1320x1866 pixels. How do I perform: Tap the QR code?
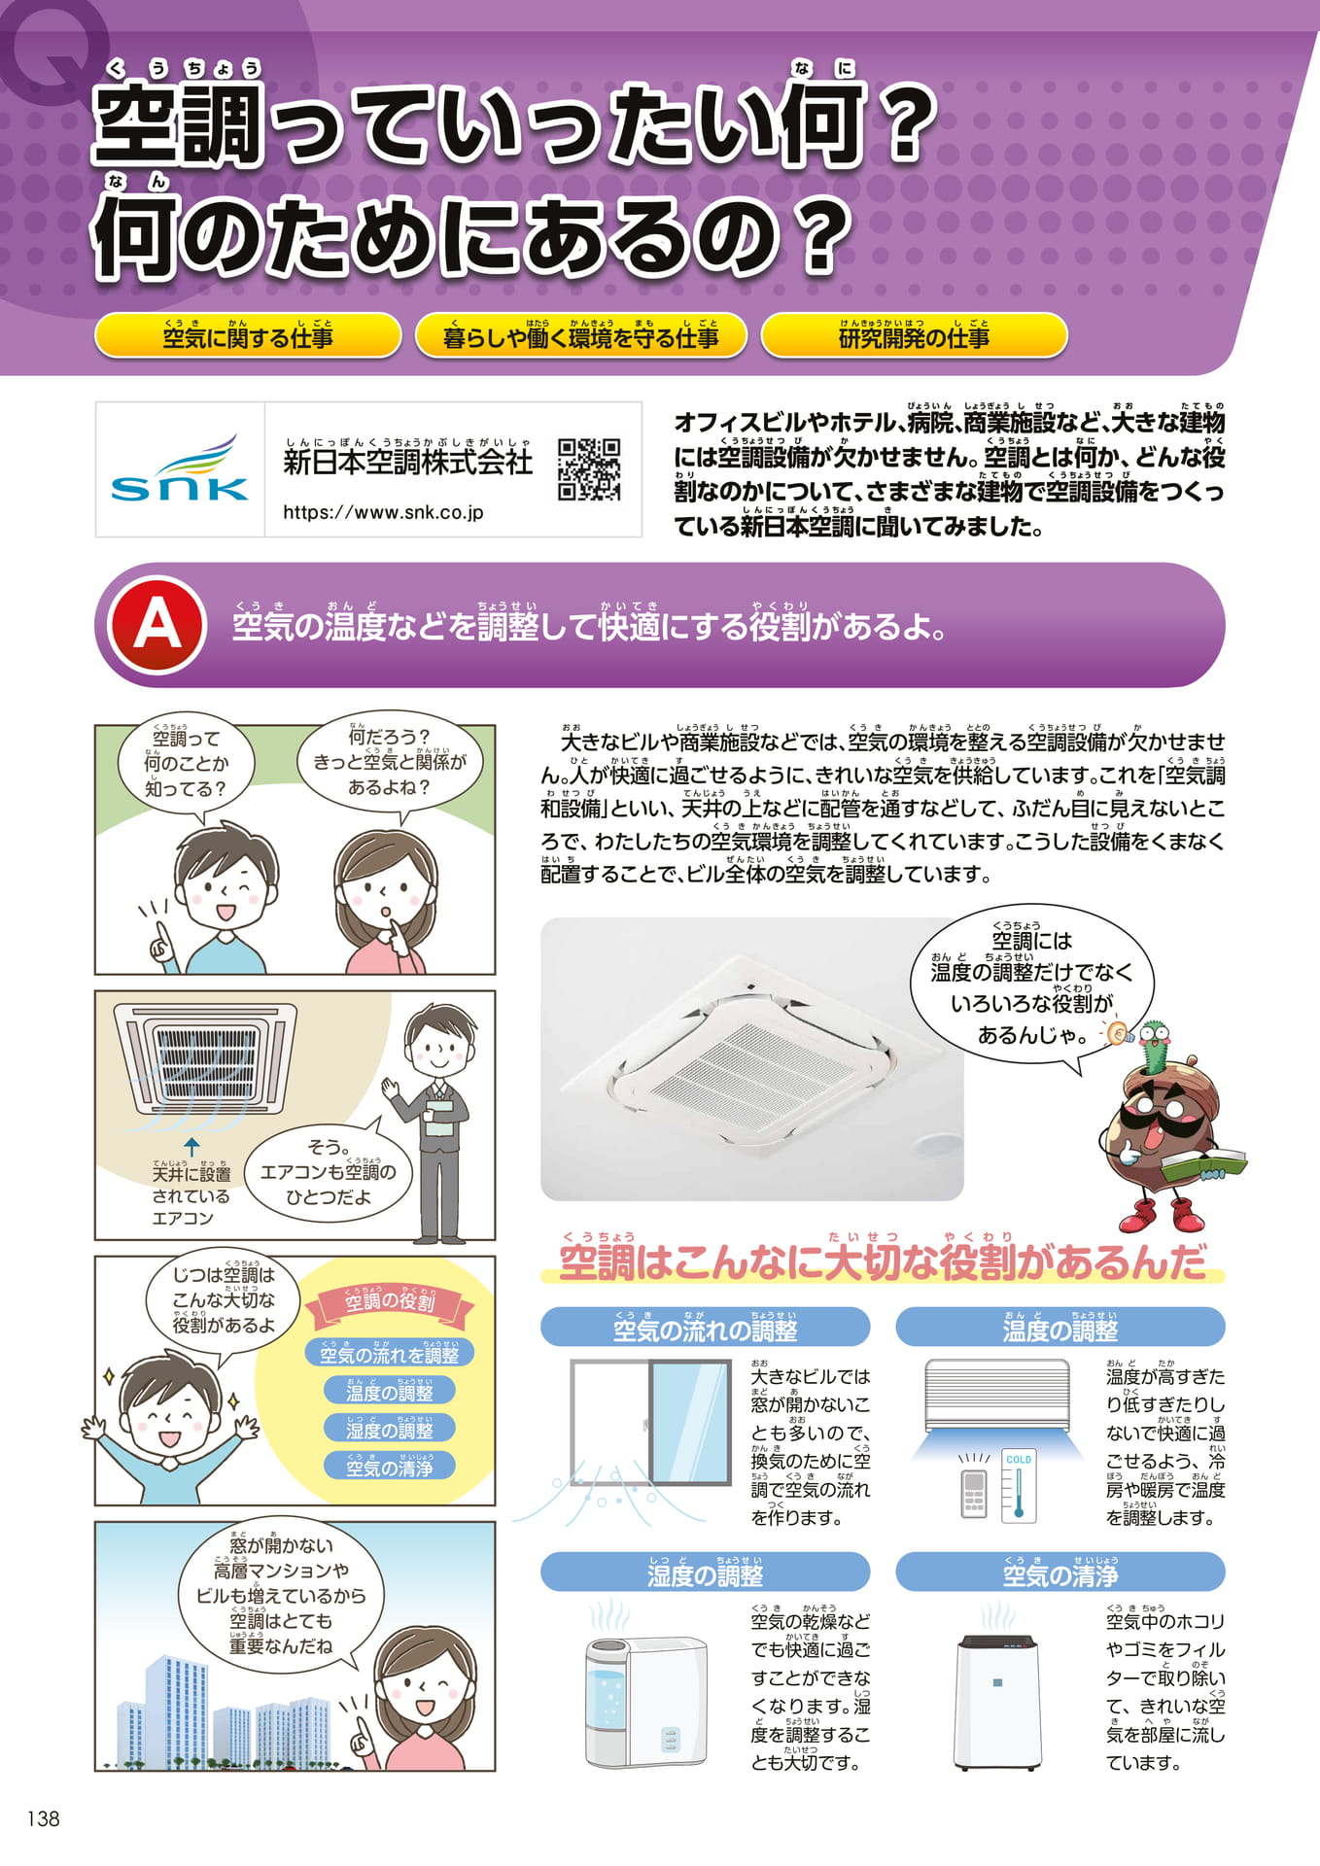pyautogui.click(x=589, y=469)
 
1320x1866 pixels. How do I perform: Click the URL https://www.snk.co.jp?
pyautogui.click(x=383, y=512)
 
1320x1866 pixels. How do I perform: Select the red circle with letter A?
pyautogui.click(x=157, y=625)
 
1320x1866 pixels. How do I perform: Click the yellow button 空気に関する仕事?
pyautogui.click(x=248, y=335)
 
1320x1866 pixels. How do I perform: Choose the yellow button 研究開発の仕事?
pyautogui.click(x=914, y=335)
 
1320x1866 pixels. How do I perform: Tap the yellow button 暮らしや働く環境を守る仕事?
pyautogui.click(x=581, y=335)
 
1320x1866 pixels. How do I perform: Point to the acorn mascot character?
pyautogui.click(x=1170, y=1127)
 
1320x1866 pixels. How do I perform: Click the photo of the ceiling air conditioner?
pyautogui.click(x=751, y=1059)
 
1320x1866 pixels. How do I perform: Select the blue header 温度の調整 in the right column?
pyautogui.click(x=1059, y=1327)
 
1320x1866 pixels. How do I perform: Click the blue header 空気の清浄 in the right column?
pyautogui.click(x=1059, y=1572)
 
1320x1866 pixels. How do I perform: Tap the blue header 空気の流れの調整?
pyautogui.click(x=705, y=1327)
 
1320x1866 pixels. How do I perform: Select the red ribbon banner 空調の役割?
pyautogui.click(x=390, y=1302)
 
